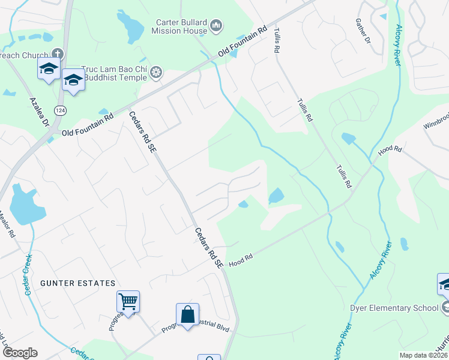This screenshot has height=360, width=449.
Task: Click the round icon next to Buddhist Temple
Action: [x=156, y=73]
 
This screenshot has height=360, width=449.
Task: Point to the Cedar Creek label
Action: [x=27, y=279]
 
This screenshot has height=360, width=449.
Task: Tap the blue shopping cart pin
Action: [x=128, y=301]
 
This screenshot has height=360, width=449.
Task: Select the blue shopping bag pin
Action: [x=187, y=314]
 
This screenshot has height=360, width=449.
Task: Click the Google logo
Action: [x=19, y=353]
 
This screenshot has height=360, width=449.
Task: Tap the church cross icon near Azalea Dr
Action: [x=58, y=53]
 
